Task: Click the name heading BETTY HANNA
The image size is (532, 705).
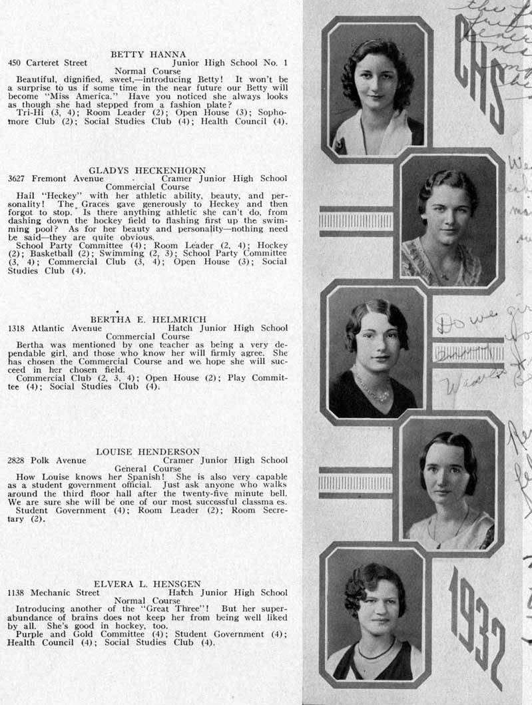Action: pos(148,54)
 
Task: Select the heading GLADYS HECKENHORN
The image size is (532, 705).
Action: pos(147,170)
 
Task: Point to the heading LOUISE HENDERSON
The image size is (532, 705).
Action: pos(148,451)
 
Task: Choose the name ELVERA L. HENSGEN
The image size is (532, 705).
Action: pos(147,584)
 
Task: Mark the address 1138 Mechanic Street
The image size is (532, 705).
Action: pos(53,592)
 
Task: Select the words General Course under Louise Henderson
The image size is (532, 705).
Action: pos(148,468)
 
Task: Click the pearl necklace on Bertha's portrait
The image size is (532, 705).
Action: pos(373,388)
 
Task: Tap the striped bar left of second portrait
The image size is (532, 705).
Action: pos(356,221)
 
